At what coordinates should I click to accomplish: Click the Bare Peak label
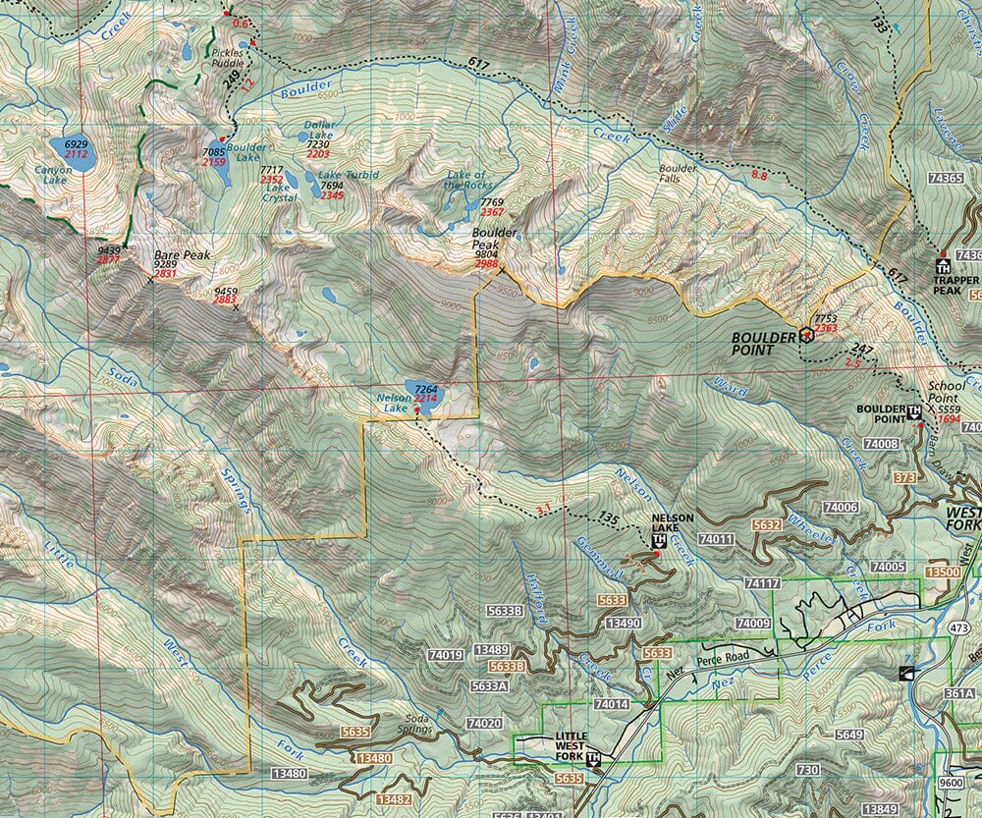pos(182,255)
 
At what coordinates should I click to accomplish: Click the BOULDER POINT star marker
pos(807,334)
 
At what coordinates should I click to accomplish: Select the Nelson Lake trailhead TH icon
pos(658,539)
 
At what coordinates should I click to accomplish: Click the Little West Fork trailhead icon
pos(593,758)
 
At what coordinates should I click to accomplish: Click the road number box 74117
pos(763,583)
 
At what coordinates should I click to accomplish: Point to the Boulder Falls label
pos(678,174)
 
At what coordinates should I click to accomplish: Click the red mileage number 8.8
pos(759,175)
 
